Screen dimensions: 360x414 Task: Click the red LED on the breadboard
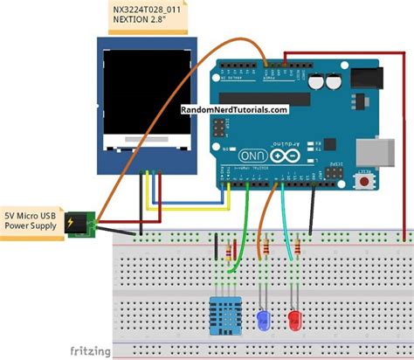tap(296, 319)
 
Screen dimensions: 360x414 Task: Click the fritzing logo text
tap(87, 351)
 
